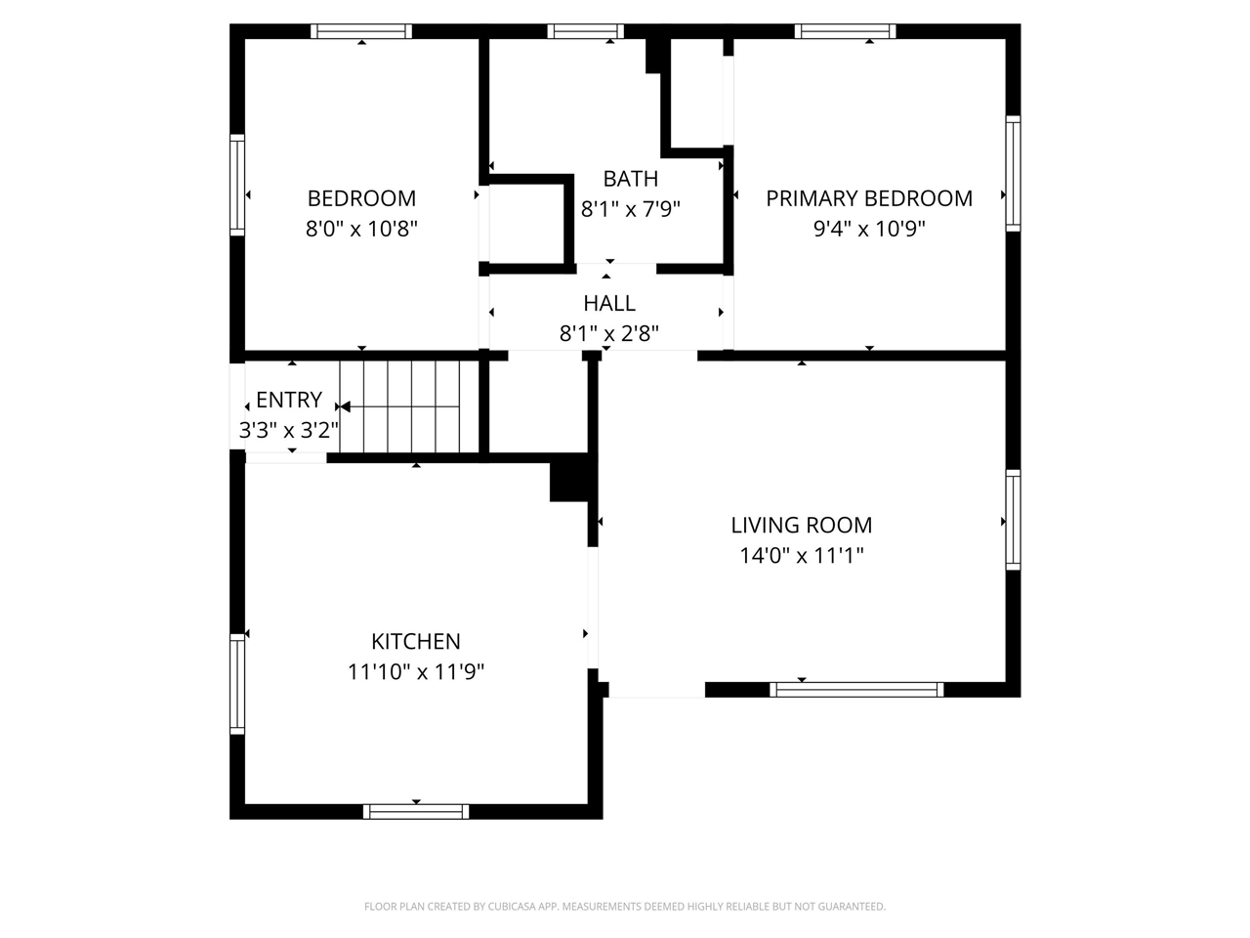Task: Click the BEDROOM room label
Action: tap(361, 198)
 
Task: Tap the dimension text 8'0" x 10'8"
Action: tap(361, 230)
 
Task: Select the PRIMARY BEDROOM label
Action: tap(869, 198)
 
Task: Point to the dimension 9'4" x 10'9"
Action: tap(869, 230)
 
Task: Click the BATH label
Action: tap(630, 179)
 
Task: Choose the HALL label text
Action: tap(609, 303)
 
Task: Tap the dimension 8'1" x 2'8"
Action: tap(609, 334)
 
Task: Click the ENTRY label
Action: tap(289, 400)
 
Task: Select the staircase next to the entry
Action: tap(410, 405)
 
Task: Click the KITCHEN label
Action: tap(416, 642)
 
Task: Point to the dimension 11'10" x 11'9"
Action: tap(416, 672)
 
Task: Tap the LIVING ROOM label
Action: tap(801, 526)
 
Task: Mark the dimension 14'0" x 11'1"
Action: tap(801, 556)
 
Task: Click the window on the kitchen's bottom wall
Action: tap(416, 811)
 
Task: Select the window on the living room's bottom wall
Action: tap(856, 690)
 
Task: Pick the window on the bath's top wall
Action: tap(586, 31)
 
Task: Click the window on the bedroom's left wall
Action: tap(237, 185)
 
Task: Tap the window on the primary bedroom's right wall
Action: tap(1014, 173)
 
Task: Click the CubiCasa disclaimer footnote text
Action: tap(625, 907)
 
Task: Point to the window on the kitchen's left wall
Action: tap(237, 683)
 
